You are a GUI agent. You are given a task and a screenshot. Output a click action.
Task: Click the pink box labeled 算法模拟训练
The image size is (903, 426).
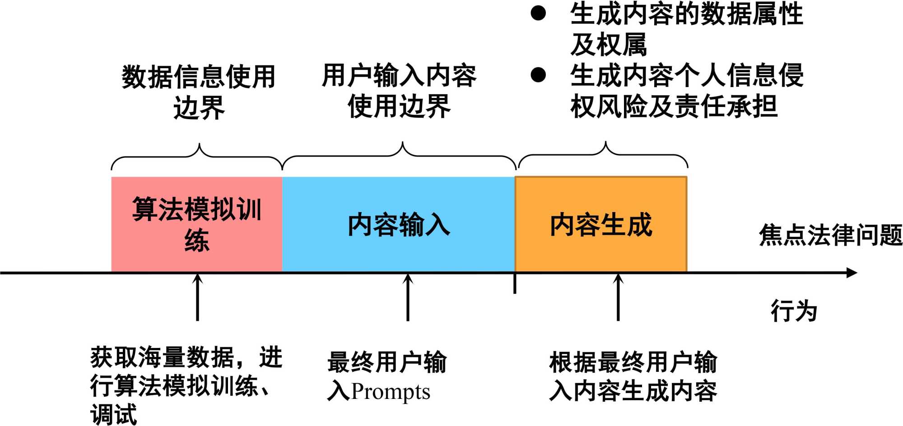point(197,224)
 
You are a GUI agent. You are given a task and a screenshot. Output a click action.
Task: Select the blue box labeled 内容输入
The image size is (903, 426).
point(398,224)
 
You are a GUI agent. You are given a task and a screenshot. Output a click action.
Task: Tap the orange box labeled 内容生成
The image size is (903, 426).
point(600,224)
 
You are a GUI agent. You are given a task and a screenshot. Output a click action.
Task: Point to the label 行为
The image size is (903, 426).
point(794,311)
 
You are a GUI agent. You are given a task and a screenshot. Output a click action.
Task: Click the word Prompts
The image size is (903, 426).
point(391,392)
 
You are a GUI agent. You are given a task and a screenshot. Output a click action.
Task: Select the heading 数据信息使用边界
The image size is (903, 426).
point(199,92)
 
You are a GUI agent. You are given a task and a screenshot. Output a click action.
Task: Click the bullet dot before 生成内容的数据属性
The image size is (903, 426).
point(538,14)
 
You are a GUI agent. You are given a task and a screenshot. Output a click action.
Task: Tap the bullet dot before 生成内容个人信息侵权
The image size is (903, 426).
point(538,74)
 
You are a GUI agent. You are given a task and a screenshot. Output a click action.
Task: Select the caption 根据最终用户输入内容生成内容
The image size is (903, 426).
point(633,376)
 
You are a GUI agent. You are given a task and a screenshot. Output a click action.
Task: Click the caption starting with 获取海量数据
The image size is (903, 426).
point(186,385)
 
